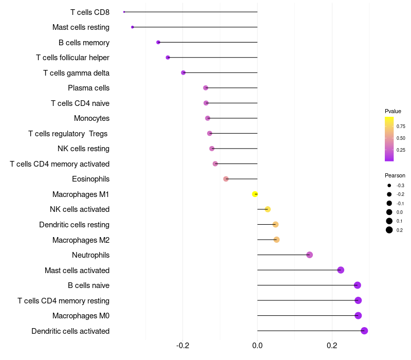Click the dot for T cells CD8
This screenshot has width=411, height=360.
click(x=124, y=12)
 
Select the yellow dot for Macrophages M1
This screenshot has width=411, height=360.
click(x=255, y=194)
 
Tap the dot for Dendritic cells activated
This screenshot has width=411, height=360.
click(x=364, y=331)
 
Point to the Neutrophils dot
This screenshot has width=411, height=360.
click(x=309, y=255)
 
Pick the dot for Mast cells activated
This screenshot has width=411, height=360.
click(x=341, y=270)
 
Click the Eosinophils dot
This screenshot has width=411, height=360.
click(x=226, y=179)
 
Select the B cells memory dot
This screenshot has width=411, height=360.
click(x=158, y=42)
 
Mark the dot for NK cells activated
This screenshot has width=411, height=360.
click(x=268, y=209)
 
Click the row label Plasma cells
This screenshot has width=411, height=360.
click(x=88, y=88)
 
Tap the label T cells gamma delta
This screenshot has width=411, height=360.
click(x=76, y=73)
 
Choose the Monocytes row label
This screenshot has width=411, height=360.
click(x=91, y=118)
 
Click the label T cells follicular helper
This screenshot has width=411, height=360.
click(x=72, y=58)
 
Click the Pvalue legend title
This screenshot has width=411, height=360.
click(x=393, y=111)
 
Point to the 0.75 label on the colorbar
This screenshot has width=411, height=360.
click(x=401, y=126)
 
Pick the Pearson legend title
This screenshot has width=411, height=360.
click(x=395, y=175)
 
